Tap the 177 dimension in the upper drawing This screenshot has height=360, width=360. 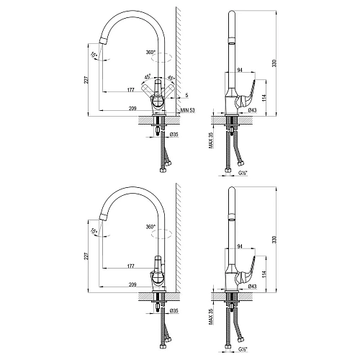tap(130, 88)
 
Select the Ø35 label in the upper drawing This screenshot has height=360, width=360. tap(174, 134)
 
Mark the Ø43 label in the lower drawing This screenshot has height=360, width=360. tap(252, 286)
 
